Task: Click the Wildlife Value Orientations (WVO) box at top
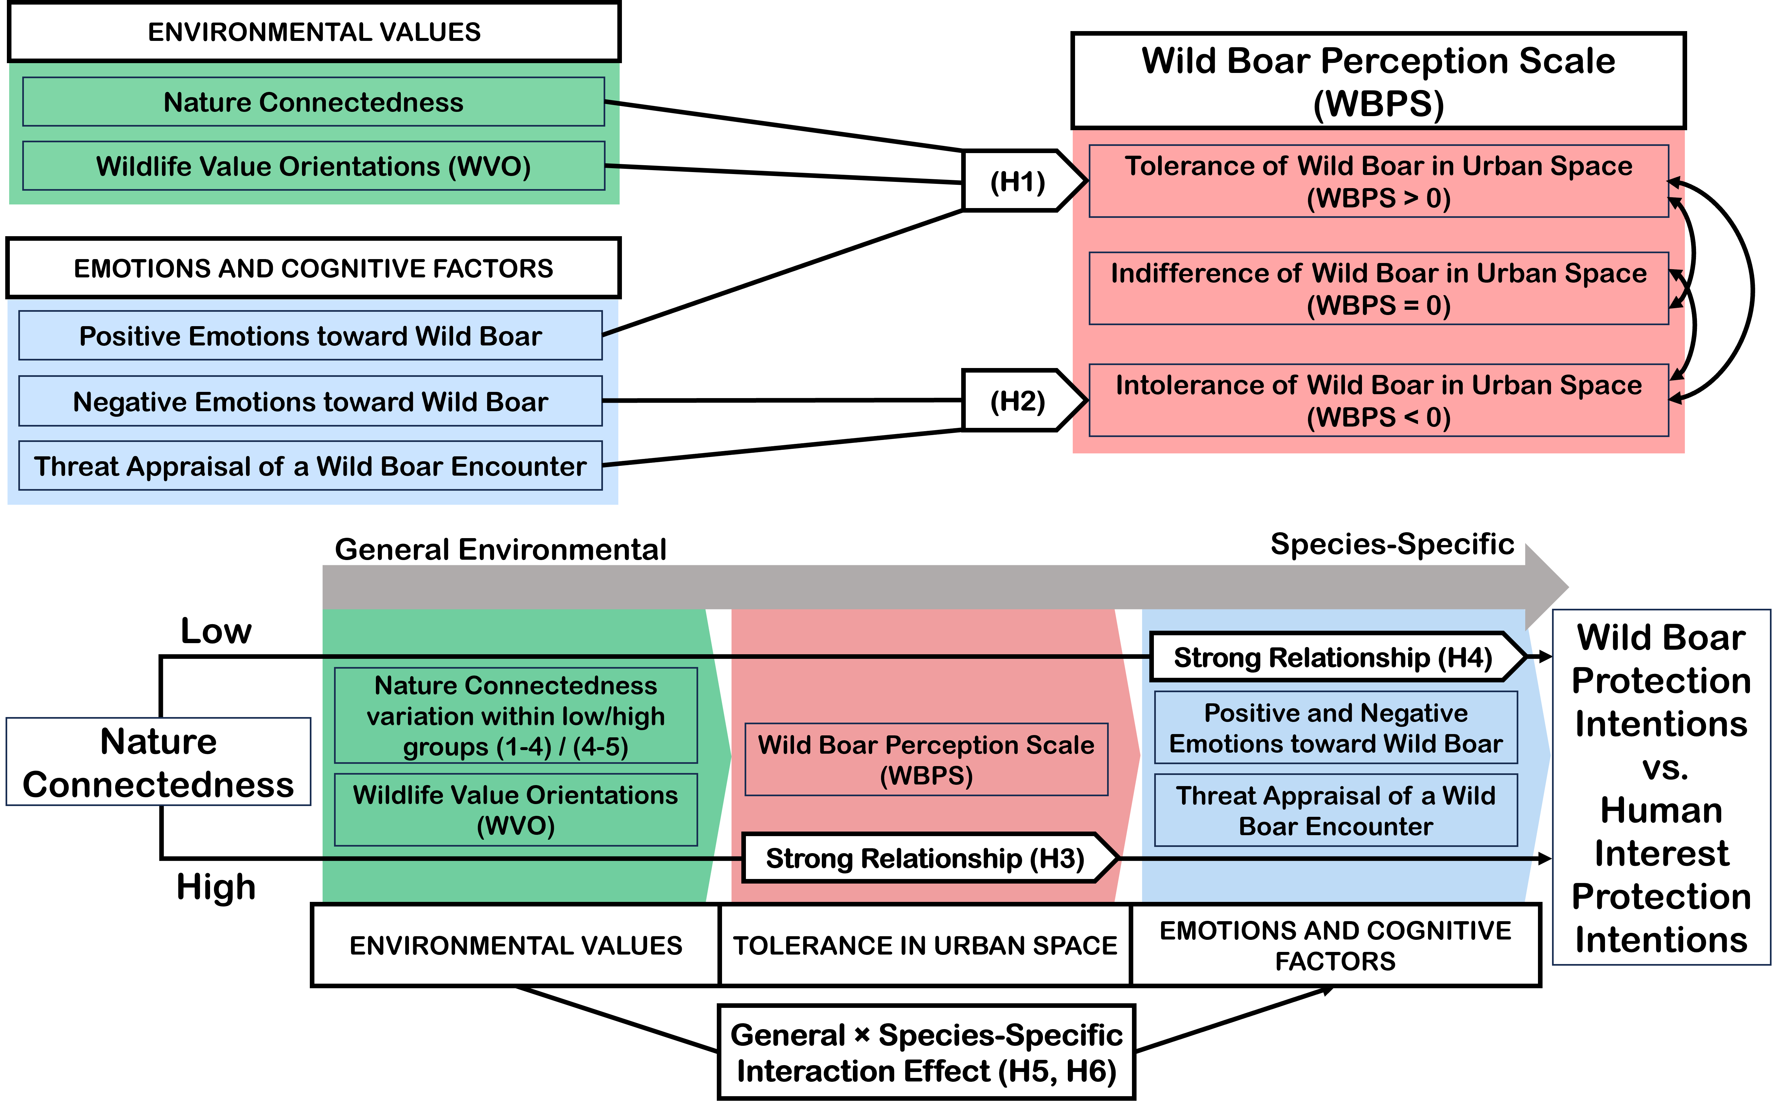coord(314,166)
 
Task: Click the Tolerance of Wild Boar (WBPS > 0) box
coord(1379,182)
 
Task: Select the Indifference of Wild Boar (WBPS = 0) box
coord(1379,288)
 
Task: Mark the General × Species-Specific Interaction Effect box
coord(927,1053)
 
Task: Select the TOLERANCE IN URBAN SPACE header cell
coord(925,945)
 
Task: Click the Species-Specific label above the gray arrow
coord(1392,544)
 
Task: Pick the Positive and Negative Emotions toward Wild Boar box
coord(1335,728)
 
